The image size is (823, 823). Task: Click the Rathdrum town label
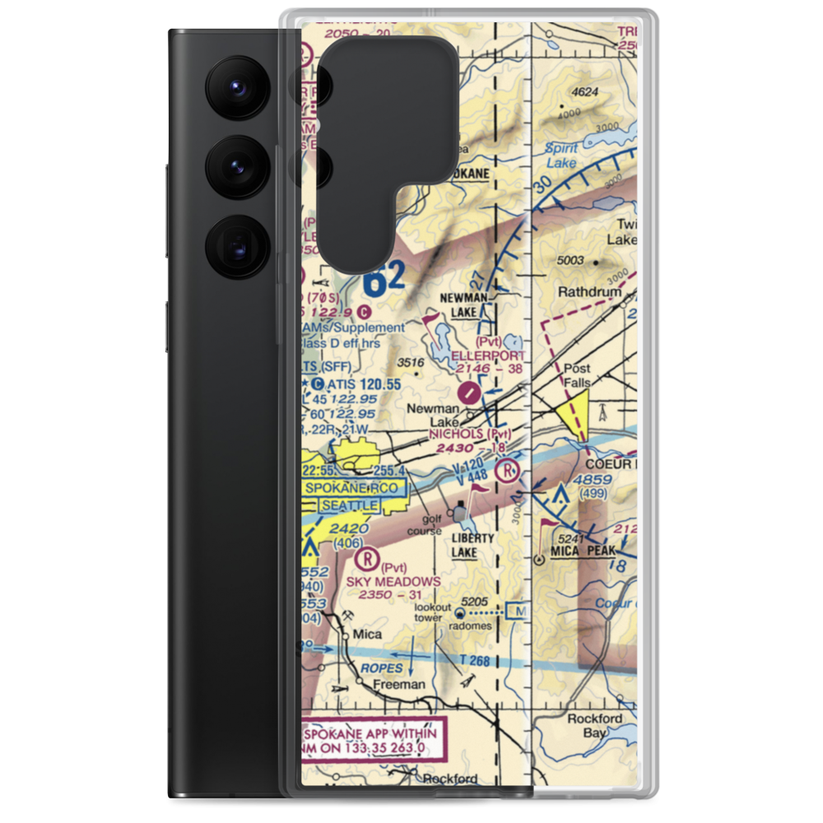pos(590,292)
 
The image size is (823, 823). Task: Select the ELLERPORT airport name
pos(488,356)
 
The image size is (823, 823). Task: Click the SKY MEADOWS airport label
pos(393,581)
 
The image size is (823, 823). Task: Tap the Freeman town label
pos(398,684)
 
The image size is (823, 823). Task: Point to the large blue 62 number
pos(384,281)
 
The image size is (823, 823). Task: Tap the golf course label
pos(433,526)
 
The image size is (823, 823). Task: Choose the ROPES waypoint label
pos(381,668)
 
